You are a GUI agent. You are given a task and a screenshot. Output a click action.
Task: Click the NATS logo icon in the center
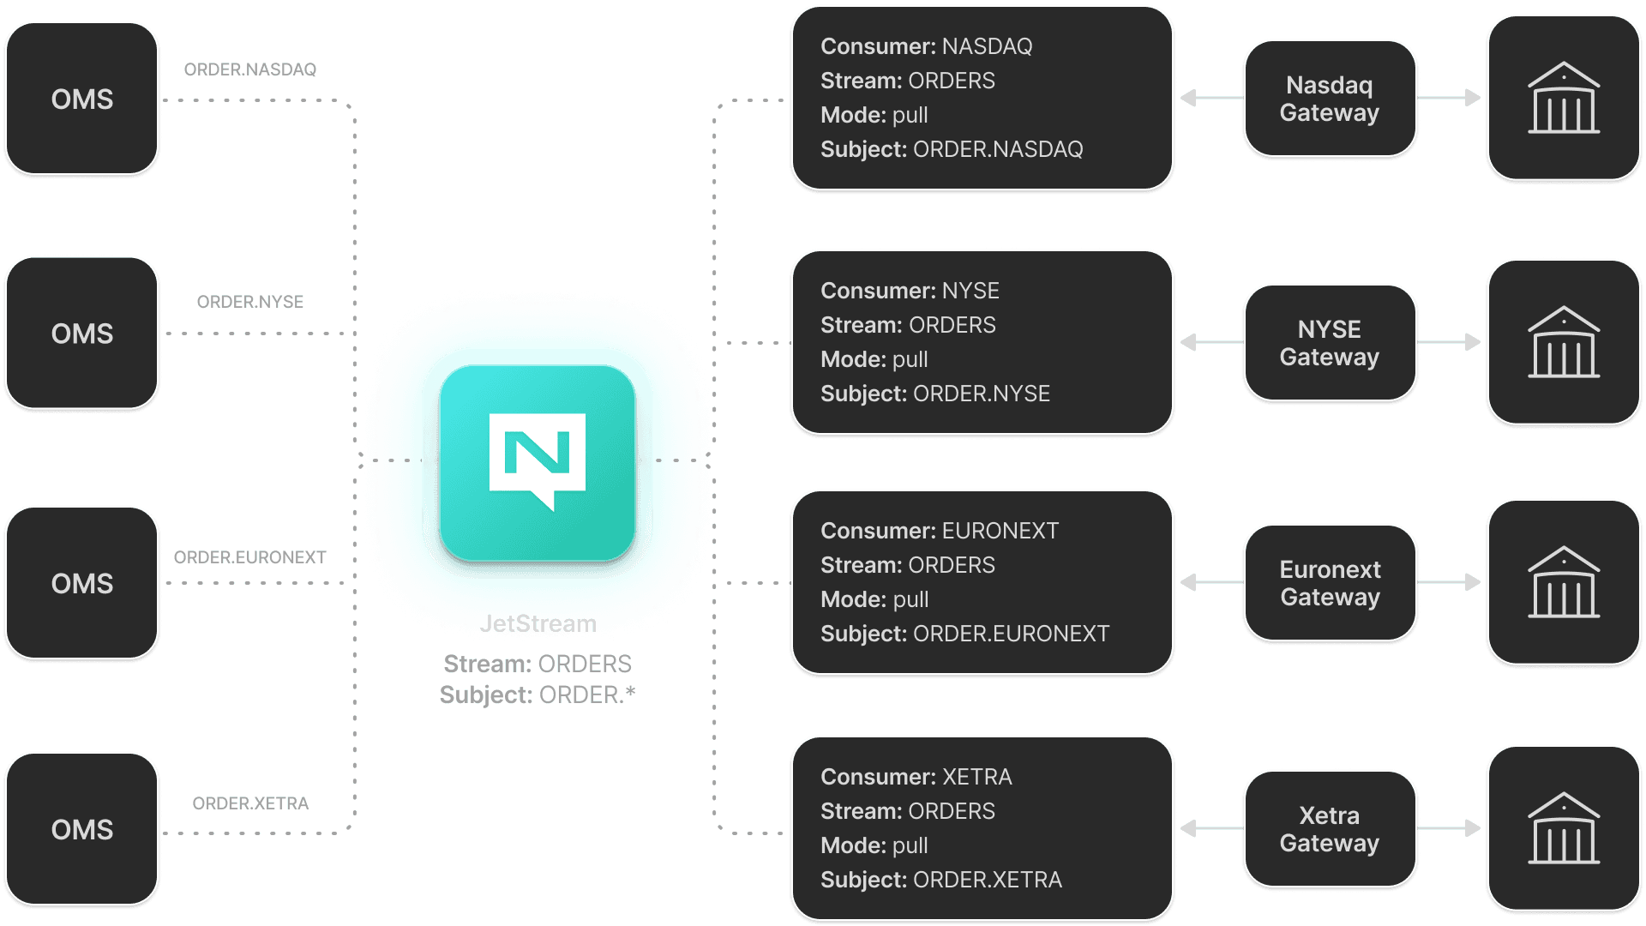pyautogui.click(x=538, y=463)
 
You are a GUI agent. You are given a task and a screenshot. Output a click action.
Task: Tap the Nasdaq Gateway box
pyautogui.click(x=1330, y=99)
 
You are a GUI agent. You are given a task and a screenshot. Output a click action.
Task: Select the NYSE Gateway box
pyautogui.click(x=1330, y=343)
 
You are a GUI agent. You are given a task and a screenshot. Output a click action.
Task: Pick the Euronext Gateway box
pyautogui.click(x=1330, y=583)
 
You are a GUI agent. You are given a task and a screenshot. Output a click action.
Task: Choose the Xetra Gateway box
pyautogui.click(x=1330, y=829)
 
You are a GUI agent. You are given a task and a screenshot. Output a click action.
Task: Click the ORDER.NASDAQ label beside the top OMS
pyautogui.click(x=250, y=69)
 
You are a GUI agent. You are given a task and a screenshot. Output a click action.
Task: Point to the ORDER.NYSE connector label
pyautogui.click(x=250, y=302)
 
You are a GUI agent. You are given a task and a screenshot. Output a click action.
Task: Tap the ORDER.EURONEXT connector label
pyautogui.click(x=250, y=557)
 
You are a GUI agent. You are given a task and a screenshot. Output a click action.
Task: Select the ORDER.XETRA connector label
pyautogui.click(x=250, y=803)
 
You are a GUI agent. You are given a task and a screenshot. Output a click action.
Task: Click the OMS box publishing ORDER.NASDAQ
pyautogui.click(x=82, y=99)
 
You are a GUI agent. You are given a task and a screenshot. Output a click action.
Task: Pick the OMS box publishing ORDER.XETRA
pyautogui.click(x=82, y=829)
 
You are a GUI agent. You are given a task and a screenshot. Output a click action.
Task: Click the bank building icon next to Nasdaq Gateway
pyautogui.click(x=1564, y=98)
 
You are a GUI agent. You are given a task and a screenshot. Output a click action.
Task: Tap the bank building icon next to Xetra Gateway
pyautogui.click(x=1564, y=828)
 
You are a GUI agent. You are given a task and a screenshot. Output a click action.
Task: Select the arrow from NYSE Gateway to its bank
pyautogui.click(x=1449, y=342)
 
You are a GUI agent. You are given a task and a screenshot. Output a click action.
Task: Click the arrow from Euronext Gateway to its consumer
pyautogui.click(x=1212, y=582)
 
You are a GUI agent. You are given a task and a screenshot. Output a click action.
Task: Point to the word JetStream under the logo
pyautogui.click(x=538, y=623)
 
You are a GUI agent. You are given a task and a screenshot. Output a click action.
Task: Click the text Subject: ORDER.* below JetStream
pyautogui.click(x=538, y=694)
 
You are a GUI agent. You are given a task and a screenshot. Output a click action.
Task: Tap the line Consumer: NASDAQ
pyautogui.click(x=926, y=46)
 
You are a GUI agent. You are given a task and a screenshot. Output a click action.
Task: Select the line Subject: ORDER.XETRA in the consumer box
pyautogui.click(x=940, y=880)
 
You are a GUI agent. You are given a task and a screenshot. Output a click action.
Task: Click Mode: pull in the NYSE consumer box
pyautogui.click(x=874, y=359)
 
